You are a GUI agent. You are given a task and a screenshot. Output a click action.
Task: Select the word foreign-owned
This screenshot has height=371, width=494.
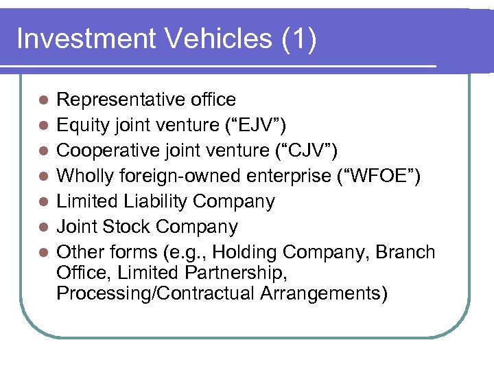tap(182, 176)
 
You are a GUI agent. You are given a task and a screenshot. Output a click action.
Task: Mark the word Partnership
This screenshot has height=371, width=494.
tap(237, 273)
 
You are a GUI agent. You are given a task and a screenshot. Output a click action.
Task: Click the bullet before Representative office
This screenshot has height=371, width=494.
tap(43, 100)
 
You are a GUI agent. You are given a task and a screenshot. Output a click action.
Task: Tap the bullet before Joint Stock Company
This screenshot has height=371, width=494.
tap(43, 227)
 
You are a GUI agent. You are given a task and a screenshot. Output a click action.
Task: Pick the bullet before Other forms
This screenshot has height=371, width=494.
tap(43, 253)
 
